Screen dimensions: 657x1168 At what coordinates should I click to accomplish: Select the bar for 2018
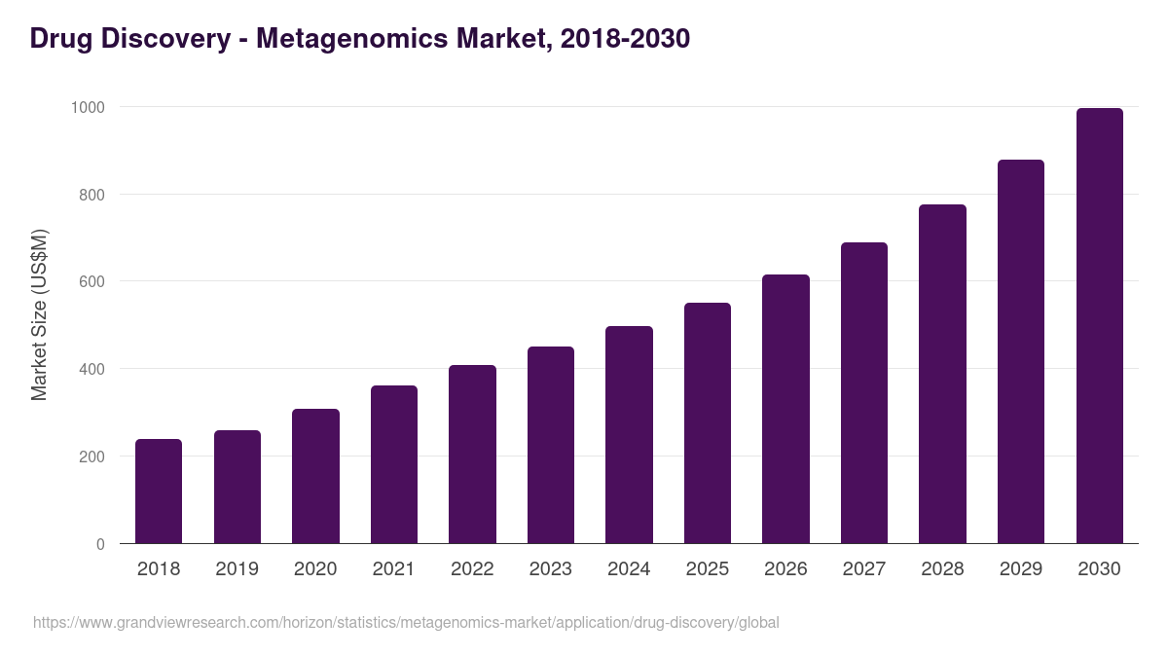[x=159, y=492]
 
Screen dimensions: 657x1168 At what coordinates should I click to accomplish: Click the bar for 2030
[x=1099, y=326]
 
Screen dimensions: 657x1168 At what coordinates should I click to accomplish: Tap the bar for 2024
[x=629, y=435]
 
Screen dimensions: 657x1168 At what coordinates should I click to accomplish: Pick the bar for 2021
[x=394, y=464]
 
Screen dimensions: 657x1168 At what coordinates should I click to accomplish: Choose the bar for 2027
[x=864, y=393]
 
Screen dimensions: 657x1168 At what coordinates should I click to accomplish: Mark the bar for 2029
[x=1021, y=351]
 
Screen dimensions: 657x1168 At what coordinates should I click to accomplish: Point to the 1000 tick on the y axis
[x=88, y=107]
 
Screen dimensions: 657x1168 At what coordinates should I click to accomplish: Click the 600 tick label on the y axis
[x=91, y=282]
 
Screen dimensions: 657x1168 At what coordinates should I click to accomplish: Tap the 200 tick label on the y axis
[x=91, y=456]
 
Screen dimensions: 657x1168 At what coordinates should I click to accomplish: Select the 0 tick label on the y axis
[x=100, y=544]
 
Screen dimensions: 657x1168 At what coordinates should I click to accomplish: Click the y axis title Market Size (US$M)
[x=39, y=314]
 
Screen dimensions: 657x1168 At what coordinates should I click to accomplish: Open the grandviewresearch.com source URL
[x=406, y=622]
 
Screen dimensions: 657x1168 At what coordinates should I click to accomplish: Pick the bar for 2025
[x=708, y=423]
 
